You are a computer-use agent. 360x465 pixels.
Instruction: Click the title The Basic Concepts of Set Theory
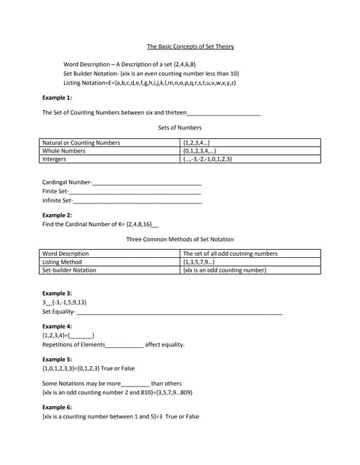pos(191,46)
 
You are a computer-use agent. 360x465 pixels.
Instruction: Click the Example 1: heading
pos(57,97)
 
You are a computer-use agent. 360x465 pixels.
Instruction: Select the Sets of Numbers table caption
pos(180,127)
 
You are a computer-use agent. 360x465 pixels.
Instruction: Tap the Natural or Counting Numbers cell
pos(81,143)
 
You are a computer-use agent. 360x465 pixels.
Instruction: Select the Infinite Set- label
pos(57,200)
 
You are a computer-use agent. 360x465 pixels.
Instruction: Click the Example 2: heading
pos(57,215)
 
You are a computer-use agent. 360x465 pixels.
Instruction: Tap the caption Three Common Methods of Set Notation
pos(180,239)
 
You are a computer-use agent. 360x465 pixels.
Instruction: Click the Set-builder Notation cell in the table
pos(69,270)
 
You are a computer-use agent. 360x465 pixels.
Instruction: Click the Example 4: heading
pos(57,326)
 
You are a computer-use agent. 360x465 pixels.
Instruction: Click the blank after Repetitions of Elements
pos(124,345)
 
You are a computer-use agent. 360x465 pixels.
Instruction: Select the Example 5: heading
pos(57,359)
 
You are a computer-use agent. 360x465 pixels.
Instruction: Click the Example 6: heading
pos(57,407)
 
